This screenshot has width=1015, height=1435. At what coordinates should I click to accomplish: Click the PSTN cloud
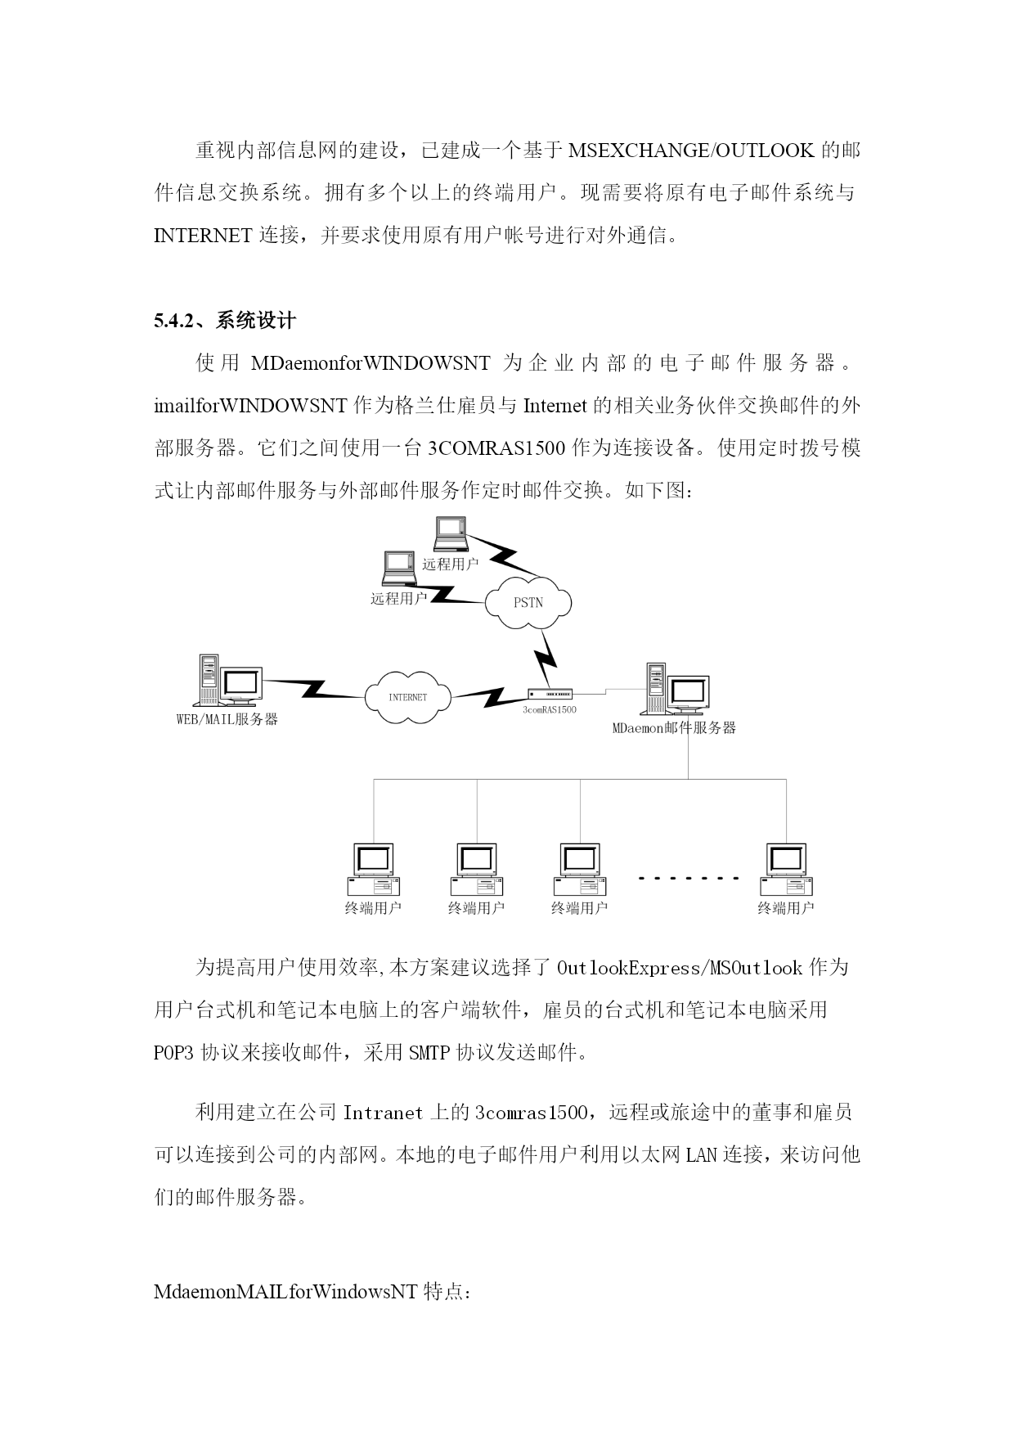tap(528, 603)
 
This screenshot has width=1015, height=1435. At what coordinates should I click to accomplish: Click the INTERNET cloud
tap(407, 697)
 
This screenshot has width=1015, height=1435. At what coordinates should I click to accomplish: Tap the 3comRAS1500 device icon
tap(550, 694)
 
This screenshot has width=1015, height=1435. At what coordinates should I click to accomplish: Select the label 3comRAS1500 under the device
tap(550, 709)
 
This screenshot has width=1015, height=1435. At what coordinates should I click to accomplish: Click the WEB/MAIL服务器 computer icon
tap(230, 681)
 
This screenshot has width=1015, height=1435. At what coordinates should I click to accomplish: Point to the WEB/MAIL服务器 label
tap(227, 719)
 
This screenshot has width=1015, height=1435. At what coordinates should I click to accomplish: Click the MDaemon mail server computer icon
tap(676, 689)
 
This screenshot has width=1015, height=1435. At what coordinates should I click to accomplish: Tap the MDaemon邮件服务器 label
tap(674, 727)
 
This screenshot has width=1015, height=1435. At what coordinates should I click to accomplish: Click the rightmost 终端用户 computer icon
tap(786, 869)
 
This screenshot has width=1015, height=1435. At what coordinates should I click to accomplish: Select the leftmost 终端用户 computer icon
tap(373, 869)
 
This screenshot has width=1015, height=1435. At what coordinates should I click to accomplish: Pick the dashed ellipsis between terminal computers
tap(689, 879)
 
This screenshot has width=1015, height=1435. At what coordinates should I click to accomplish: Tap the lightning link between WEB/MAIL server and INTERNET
tap(314, 688)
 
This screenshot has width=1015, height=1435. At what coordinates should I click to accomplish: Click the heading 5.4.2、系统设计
tap(225, 321)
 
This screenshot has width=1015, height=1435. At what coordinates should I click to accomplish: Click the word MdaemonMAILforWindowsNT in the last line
tap(286, 1293)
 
